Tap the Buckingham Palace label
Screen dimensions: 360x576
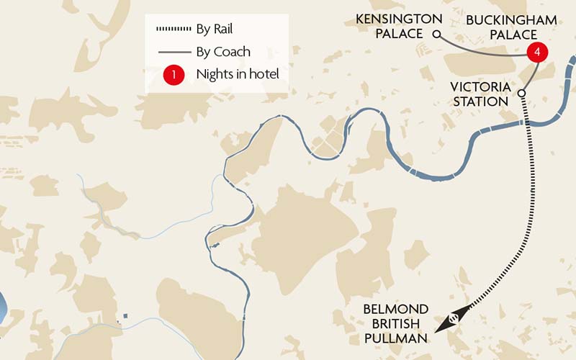tap(511, 27)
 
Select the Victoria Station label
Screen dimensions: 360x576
tap(480, 94)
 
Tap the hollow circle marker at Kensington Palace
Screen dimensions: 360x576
tap(436, 34)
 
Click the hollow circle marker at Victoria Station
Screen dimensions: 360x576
tap(521, 93)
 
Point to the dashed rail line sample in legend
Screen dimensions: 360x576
tap(173, 30)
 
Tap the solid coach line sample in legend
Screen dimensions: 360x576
tap(173, 52)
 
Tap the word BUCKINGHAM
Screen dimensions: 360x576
tap(511, 19)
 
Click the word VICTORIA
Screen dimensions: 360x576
tap(480, 87)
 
